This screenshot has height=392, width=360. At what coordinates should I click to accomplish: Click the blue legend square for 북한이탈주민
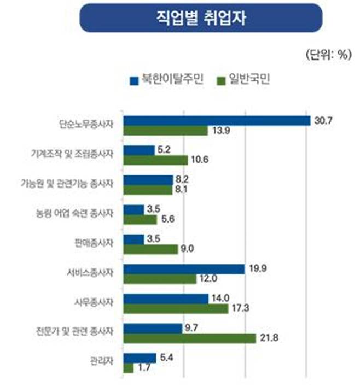pyautogui.click(x=133, y=80)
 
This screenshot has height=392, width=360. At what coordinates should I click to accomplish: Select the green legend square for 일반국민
pyautogui.click(x=222, y=80)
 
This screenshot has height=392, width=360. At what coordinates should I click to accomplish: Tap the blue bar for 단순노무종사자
pyautogui.click(x=217, y=121)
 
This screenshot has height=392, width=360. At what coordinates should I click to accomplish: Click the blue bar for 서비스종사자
pyautogui.click(x=184, y=269)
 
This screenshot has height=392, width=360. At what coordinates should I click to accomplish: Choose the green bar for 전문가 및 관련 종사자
pyautogui.click(x=190, y=338)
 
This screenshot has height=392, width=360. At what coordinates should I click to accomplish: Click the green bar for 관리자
pyautogui.click(x=129, y=368)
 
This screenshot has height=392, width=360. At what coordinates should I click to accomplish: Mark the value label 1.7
pyautogui.click(x=144, y=369)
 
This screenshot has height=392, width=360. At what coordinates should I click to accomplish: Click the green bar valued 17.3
pyautogui.click(x=176, y=309)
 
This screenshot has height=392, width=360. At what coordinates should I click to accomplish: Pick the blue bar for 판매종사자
pyautogui.click(x=134, y=239)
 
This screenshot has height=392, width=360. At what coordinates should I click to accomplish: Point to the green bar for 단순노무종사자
pyautogui.click(x=166, y=131)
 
